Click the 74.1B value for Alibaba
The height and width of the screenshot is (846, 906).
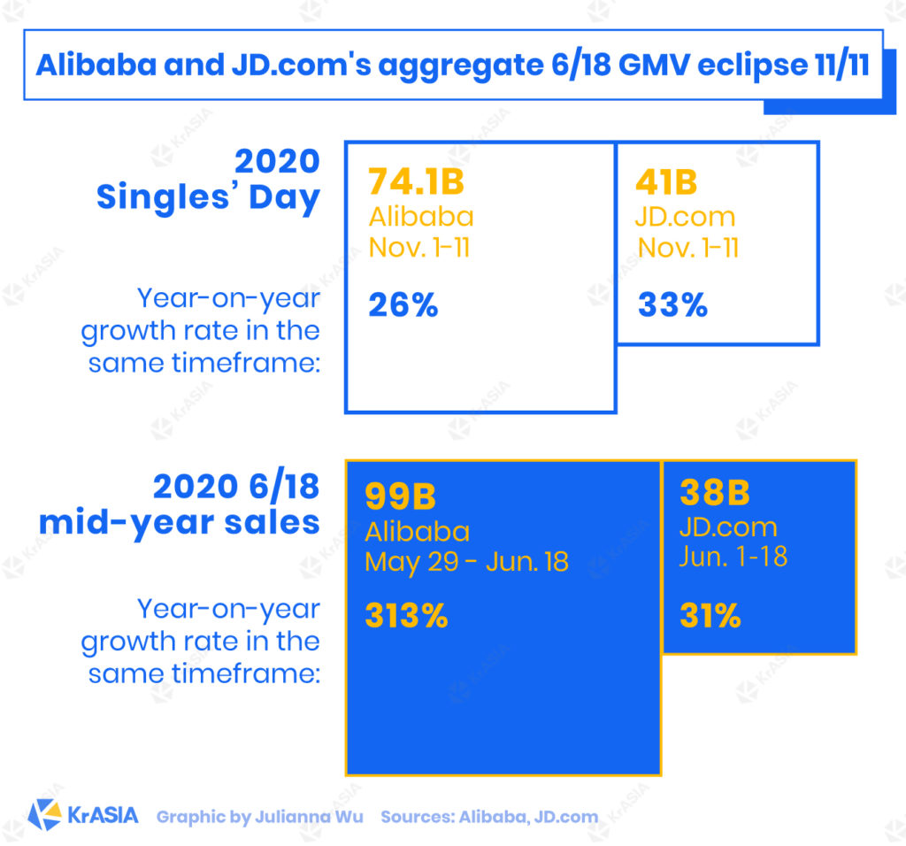pyautogui.click(x=416, y=182)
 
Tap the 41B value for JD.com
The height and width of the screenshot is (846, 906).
pyautogui.click(x=666, y=182)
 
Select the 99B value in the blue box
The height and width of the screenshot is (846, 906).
pyautogui.click(x=400, y=496)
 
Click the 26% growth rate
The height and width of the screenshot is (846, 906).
pyautogui.click(x=403, y=305)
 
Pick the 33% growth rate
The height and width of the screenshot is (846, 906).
pyautogui.click(x=672, y=305)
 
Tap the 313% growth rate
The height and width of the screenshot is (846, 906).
pyautogui.click(x=406, y=616)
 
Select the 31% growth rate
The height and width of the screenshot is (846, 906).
pyautogui.click(x=710, y=616)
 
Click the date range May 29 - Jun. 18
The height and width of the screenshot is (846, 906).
pyautogui.click(x=466, y=562)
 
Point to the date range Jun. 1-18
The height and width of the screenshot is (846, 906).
pyautogui.click(x=733, y=558)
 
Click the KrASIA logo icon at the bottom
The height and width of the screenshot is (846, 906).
pyautogui.click(x=44, y=815)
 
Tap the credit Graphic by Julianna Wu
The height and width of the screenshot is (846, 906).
pyautogui.click(x=260, y=817)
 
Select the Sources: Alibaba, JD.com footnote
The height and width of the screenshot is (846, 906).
pyautogui.click(x=489, y=817)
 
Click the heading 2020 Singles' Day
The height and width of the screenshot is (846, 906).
pyautogui.click(x=209, y=181)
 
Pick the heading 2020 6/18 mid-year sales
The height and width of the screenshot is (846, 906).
pyautogui.click(x=180, y=505)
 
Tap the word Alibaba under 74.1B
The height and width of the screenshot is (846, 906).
pyautogui.click(x=420, y=216)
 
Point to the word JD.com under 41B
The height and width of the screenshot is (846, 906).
pyautogui.click(x=685, y=216)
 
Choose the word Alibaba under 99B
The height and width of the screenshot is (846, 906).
pyautogui.click(x=417, y=531)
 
